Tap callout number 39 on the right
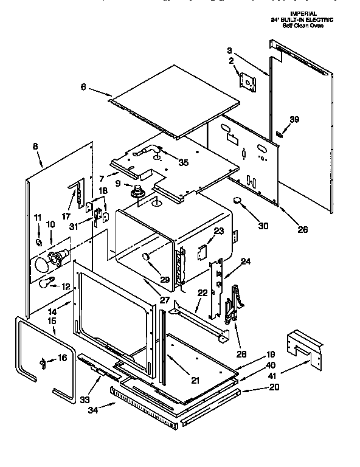[x=294, y=120]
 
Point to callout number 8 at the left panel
[x=35, y=147]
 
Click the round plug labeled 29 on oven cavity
[x=147, y=258]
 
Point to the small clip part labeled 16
[x=44, y=362]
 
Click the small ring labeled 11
[x=39, y=243]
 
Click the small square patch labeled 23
[x=204, y=248]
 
